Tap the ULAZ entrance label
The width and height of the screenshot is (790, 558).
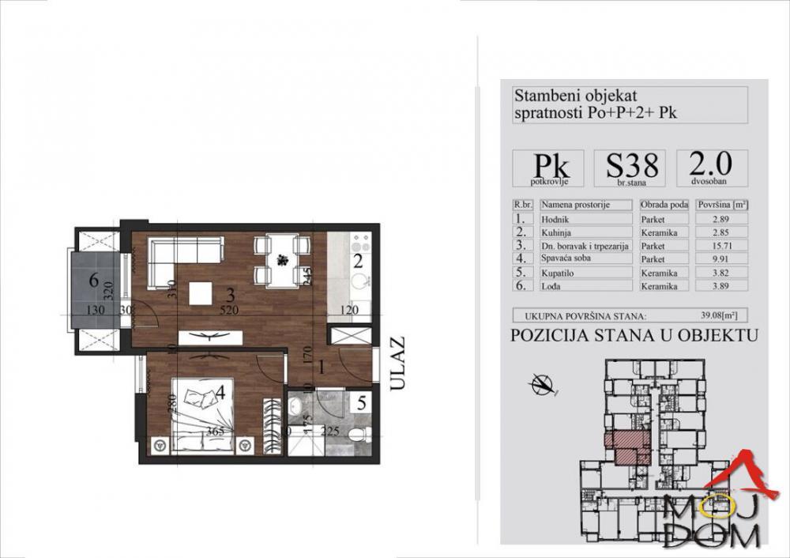(x=397, y=364)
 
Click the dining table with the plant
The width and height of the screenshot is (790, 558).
(x=280, y=258)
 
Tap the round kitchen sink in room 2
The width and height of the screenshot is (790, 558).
(x=359, y=281)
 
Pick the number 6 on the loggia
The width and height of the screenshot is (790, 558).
(x=93, y=279)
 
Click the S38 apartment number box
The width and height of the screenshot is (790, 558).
(x=631, y=167)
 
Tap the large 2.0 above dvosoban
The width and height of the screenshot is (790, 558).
(x=710, y=163)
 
